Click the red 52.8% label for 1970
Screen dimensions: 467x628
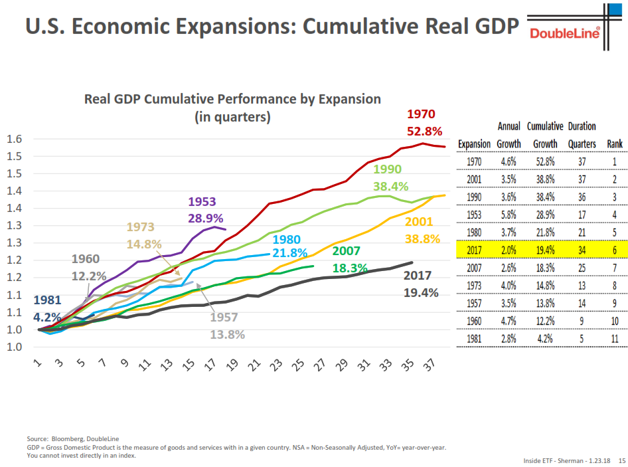(425, 131)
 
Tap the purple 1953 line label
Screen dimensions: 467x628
(202, 201)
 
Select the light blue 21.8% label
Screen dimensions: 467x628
(289, 254)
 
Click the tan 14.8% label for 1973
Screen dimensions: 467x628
(144, 244)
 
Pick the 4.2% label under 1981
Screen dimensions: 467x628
(48, 317)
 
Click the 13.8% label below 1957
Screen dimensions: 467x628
(226, 334)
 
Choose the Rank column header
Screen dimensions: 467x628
(615, 144)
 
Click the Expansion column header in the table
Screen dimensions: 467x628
(475, 144)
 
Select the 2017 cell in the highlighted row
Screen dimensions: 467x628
(475, 250)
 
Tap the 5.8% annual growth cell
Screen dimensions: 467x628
(509, 215)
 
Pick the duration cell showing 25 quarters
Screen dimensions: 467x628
(582, 269)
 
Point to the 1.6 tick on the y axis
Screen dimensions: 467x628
(14, 140)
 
